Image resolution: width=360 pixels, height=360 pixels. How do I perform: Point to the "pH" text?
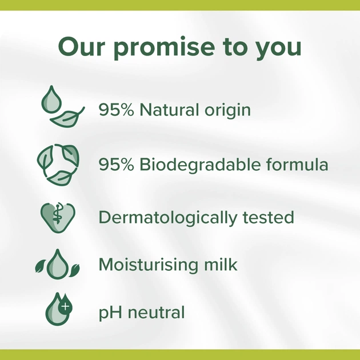[109, 313]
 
